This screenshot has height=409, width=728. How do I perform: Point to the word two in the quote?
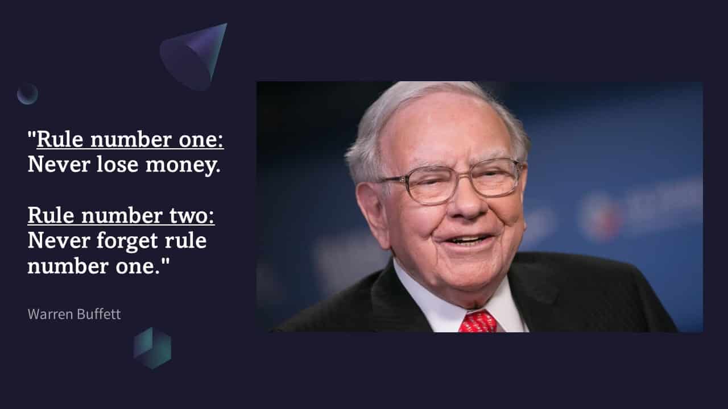[x=193, y=216]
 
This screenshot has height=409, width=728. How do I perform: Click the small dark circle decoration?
[x=27, y=94]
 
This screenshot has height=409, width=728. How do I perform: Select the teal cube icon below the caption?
[x=152, y=348]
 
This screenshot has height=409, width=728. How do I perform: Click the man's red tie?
[x=478, y=322]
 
